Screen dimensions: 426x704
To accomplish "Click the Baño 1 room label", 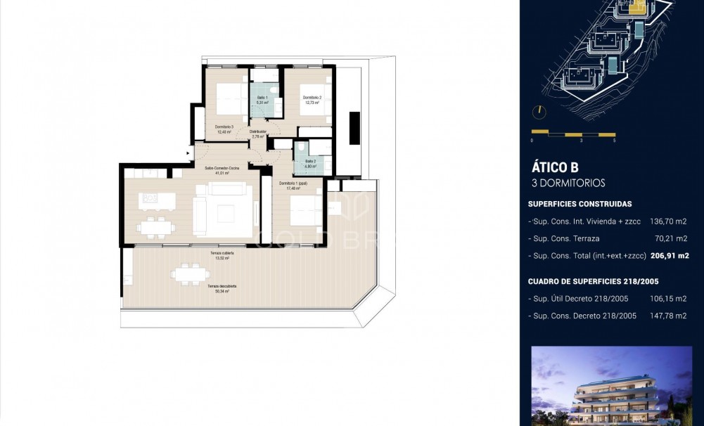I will (x=262, y=100).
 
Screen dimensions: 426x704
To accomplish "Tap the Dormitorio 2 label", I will (x=312, y=100).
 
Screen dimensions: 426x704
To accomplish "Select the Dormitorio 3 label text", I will (x=225, y=129).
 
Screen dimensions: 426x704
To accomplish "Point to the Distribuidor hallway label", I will (x=258, y=134).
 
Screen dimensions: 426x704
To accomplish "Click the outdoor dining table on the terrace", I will (x=186, y=274).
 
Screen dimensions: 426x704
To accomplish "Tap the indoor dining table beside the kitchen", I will (x=154, y=226).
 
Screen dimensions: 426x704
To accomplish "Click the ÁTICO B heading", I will (x=554, y=167).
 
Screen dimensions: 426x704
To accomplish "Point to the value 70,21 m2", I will (x=672, y=238).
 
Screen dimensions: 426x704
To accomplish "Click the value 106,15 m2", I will (x=670, y=299).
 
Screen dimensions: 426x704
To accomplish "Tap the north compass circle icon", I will (x=539, y=112).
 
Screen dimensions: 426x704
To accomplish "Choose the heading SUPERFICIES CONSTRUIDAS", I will (x=580, y=204).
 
